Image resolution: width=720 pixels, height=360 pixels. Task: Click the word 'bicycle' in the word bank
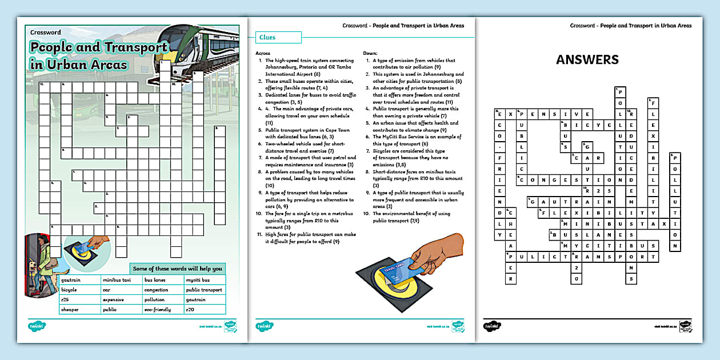coord(69,290)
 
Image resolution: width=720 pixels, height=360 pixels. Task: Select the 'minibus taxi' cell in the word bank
coord(117,280)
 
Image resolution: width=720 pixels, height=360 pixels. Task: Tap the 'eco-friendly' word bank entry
coord(158,309)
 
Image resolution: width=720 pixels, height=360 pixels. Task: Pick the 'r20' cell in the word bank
coord(191,309)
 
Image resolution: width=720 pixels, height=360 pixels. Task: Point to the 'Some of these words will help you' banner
coord(178,268)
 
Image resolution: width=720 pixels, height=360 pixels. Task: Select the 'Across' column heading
coord(263,53)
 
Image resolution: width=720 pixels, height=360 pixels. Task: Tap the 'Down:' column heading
coord(370,53)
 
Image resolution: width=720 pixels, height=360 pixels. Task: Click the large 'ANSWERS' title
coord(587,59)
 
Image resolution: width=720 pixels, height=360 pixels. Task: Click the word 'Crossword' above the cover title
coord(46,33)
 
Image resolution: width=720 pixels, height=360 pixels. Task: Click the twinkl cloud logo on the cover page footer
coord(37,326)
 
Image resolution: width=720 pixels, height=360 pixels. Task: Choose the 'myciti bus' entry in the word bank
coord(198,280)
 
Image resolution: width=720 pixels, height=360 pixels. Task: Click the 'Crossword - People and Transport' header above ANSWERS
coord(630,26)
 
